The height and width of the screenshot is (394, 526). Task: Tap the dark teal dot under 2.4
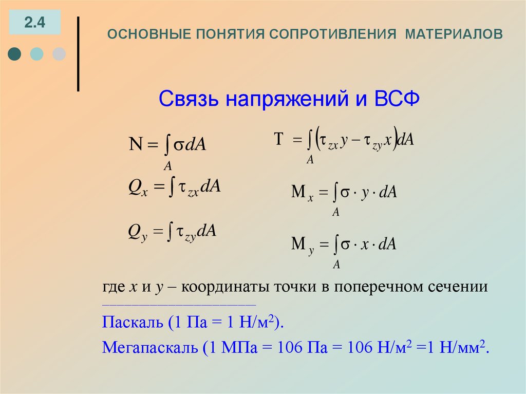click(x=15, y=53)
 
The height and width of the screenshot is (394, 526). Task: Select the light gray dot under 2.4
click(x=59, y=53)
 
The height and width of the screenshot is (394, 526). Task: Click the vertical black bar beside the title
click(x=78, y=54)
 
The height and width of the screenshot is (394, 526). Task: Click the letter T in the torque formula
click(x=279, y=139)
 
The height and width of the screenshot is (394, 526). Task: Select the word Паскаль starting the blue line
click(x=131, y=323)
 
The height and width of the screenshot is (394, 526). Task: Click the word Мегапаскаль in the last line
click(x=149, y=348)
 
